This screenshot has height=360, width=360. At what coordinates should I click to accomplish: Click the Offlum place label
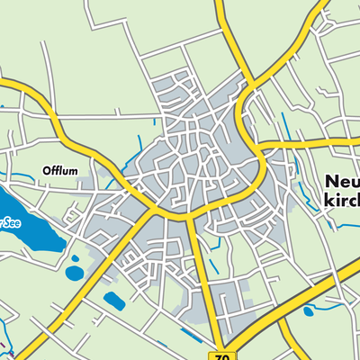[x=61, y=170]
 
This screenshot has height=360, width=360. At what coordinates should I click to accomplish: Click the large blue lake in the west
[x=27, y=225]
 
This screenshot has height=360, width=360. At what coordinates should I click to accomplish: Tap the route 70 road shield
[x=224, y=355]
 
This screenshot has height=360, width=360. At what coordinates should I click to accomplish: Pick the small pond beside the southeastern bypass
[x=309, y=312]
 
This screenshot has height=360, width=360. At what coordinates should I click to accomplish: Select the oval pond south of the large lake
[x=73, y=272]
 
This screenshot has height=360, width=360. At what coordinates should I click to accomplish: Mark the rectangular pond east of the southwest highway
[x=114, y=301]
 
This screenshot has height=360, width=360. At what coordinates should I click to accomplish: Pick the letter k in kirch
[x=327, y=200]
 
